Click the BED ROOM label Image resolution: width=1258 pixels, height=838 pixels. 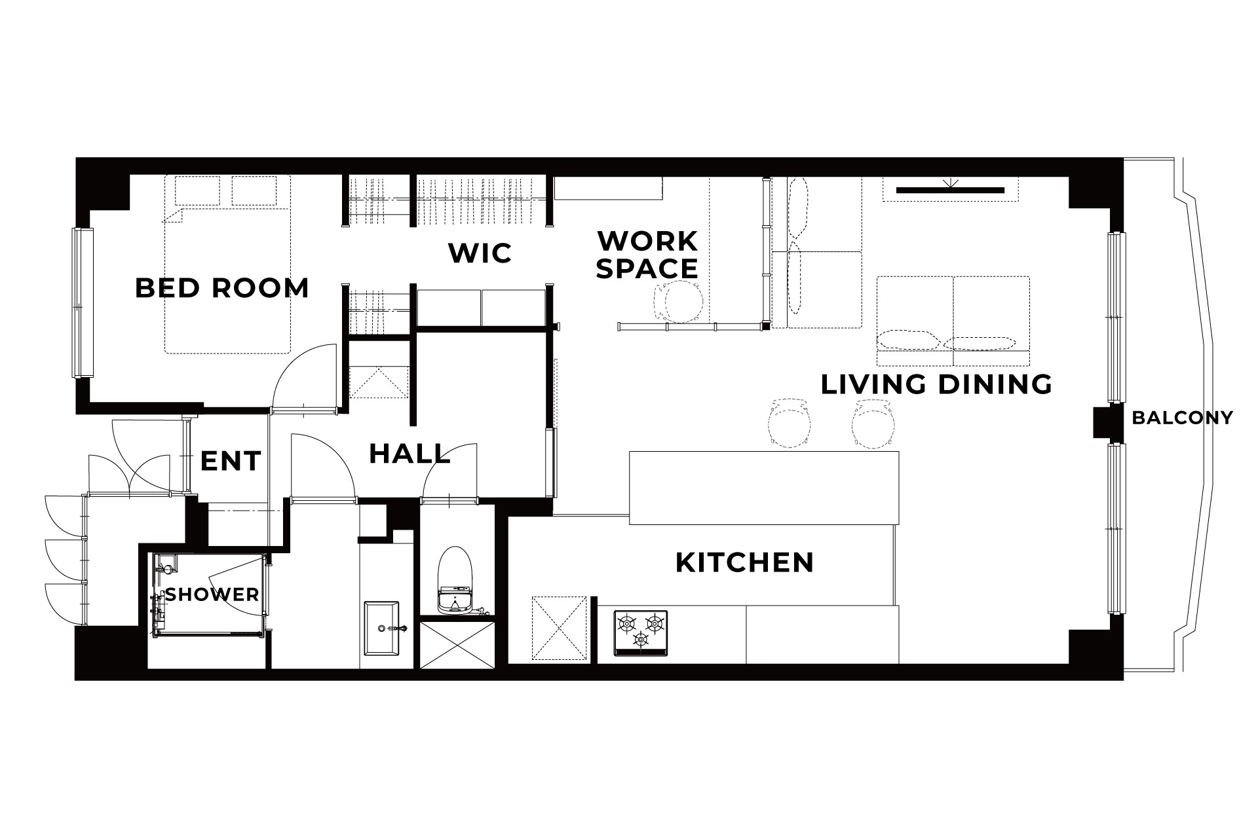point(221,288)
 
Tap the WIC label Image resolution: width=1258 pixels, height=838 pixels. point(480,253)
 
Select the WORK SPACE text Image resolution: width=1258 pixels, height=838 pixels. point(647,255)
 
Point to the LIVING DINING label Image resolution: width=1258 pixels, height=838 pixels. point(936,384)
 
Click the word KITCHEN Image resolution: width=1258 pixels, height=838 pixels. point(744,562)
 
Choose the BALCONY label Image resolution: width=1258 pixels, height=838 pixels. point(1182,418)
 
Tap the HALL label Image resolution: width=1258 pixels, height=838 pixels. point(410,454)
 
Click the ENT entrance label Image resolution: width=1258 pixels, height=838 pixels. point(231,461)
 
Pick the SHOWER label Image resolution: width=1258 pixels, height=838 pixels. point(212,594)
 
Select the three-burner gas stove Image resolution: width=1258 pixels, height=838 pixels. point(640,632)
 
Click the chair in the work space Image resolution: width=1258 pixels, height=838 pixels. point(677,302)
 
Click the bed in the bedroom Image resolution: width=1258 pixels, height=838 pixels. point(227,264)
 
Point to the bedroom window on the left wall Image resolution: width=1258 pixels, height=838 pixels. point(83,302)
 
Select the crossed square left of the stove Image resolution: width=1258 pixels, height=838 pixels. point(559,629)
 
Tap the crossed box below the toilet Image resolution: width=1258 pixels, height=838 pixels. point(457,645)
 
